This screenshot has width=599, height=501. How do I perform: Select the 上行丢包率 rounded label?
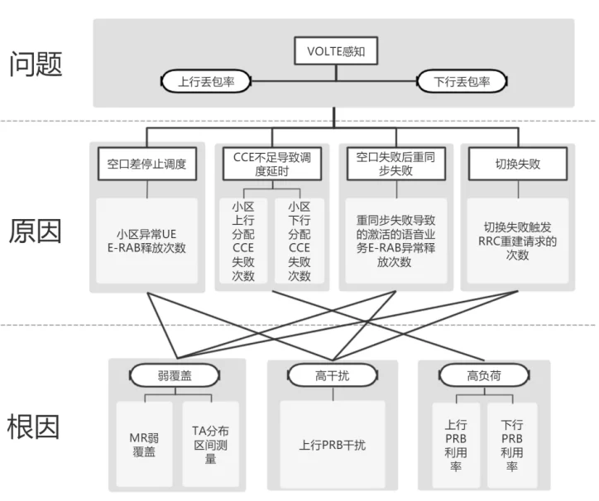click(207, 82)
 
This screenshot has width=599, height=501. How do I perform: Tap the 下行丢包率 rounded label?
click(462, 82)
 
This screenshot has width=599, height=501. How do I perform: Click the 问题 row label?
click(36, 64)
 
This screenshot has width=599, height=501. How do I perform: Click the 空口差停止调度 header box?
click(147, 164)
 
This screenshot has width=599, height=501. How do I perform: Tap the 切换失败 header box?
click(517, 164)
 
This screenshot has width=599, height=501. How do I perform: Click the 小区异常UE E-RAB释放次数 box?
click(147, 240)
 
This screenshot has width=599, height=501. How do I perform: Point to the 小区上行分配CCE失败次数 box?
click(243, 241)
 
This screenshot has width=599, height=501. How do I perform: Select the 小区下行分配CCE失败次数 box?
click(299, 241)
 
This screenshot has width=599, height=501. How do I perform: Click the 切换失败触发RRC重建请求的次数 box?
click(517, 241)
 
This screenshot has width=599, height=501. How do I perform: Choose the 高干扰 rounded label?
click(333, 376)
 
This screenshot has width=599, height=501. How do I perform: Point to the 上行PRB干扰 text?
click(333, 445)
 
